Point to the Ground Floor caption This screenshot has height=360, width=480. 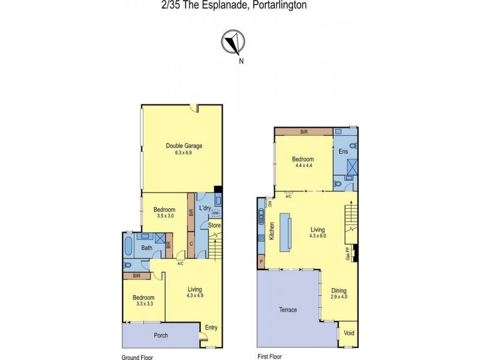click(x=137, y=356)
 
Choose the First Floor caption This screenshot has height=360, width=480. click(x=270, y=356)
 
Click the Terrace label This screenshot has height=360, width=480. click(x=288, y=310)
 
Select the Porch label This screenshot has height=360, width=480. click(x=160, y=334)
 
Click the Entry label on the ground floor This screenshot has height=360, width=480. click(x=211, y=328)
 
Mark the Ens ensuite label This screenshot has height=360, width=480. click(x=344, y=151)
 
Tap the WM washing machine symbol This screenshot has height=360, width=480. click(x=215, y=213)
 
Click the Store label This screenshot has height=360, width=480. click(x=214, y=225)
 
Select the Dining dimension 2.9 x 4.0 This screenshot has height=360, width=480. click(x=340, y=296)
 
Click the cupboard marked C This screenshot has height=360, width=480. click(x=191, y=244)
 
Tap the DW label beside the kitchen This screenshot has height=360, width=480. click(x=270, y=203)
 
